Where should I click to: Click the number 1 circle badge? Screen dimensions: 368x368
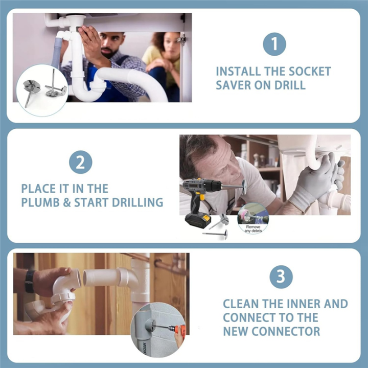(x=274, y=44)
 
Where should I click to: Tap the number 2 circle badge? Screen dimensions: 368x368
(x=80, y=163)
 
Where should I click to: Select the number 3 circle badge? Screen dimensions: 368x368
(x=281, y=277)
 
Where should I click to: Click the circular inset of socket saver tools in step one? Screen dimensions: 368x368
(x=45, y=86)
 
